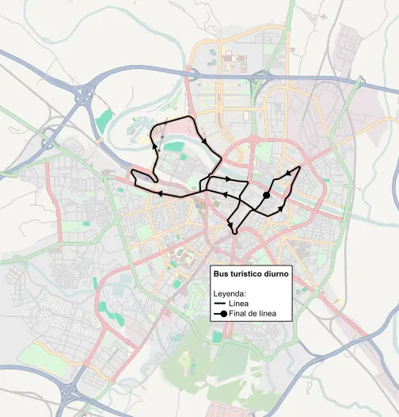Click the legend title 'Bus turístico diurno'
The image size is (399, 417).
coord(250,273)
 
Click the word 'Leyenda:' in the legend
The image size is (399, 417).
coord(231,293)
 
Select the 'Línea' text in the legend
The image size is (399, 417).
coord(238,304)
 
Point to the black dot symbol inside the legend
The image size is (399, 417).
coord(223,315)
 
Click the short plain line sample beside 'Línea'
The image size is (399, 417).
coord(220,304)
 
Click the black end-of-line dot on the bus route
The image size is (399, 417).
coord(267,194)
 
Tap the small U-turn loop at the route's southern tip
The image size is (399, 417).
coord(234,231)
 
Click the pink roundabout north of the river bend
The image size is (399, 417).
coord(255,140)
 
